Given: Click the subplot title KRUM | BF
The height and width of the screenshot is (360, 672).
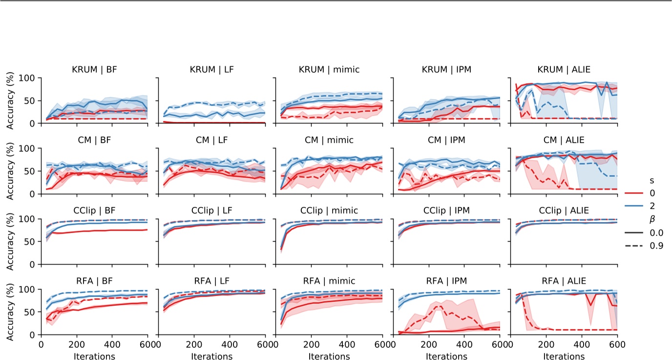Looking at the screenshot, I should point(94,70).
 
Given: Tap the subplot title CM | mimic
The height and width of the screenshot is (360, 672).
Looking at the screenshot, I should point(329,140).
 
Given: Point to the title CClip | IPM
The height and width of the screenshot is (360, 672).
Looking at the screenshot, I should point(446,211).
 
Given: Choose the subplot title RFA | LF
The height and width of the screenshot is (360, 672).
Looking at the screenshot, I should point(211,281).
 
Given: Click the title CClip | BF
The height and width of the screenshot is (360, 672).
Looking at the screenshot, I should point(94,211).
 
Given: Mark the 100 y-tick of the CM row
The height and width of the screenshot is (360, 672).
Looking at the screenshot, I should point(27,148).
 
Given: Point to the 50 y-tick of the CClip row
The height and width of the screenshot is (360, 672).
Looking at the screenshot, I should point(30,241).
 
